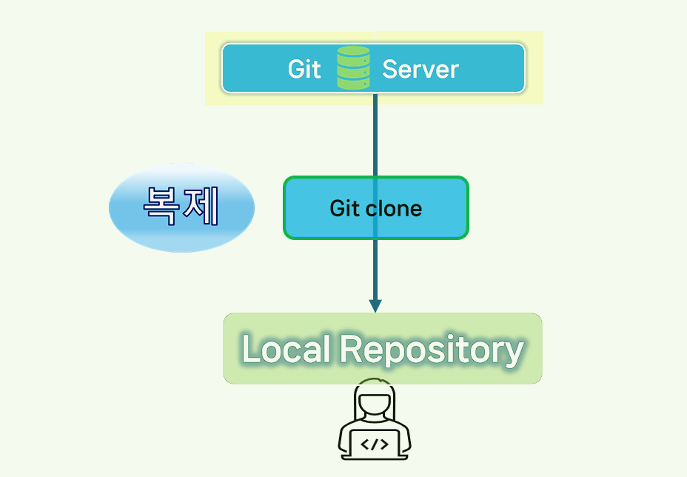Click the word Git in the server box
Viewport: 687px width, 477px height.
[304, 69]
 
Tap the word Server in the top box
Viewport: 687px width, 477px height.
[420, 69]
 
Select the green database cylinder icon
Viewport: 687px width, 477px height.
[353, 68]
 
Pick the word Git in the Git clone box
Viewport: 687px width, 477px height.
[343, 208]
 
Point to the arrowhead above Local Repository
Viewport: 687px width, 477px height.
[375, 305]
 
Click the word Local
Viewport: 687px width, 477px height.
[286, 349]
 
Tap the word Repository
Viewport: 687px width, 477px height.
[431, 350]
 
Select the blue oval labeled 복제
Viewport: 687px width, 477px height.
[181, 207]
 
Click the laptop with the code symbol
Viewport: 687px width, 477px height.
[374, 444]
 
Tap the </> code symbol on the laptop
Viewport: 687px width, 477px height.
[374, 444]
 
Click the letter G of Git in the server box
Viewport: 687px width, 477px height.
[295, 69]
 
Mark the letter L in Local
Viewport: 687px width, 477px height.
[251, 349]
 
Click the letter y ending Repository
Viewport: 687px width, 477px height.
[514, 353]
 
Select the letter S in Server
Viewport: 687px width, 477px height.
[390, 69]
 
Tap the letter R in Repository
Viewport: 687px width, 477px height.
[351, 349]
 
